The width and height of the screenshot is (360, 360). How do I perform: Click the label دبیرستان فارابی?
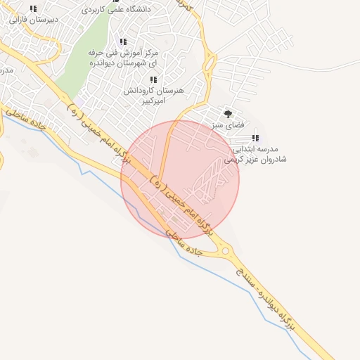pos(32,20)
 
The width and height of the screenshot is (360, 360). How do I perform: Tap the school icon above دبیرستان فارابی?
pos(32,9)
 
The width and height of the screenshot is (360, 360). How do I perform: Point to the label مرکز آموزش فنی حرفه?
pos(122,53)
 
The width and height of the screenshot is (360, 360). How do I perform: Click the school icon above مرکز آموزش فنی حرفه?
pos(123,42)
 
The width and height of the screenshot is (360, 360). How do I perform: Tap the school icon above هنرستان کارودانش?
pos(153,80)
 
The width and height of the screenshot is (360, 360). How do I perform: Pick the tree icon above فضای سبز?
pos(227,113)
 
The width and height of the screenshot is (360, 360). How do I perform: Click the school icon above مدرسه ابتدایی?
pos(255,138)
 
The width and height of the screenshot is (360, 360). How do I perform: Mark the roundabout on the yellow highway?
pos(226,250)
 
